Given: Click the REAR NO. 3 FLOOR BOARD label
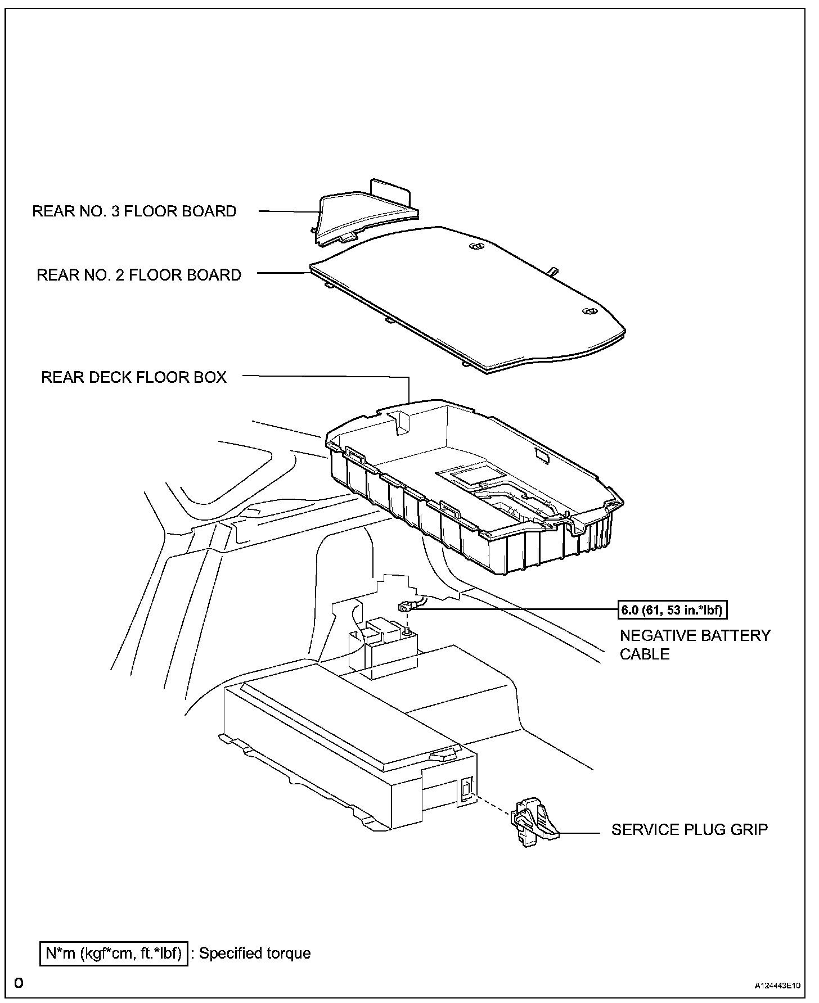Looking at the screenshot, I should click(x=134, y=211).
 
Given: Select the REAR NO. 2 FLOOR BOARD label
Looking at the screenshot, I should click(x=138, y=275).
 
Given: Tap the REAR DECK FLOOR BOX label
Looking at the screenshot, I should click(x=133, y=377).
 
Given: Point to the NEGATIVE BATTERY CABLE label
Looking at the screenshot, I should click(x=695, y=644).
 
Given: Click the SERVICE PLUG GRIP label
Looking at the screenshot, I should click(x=689, y=829).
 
